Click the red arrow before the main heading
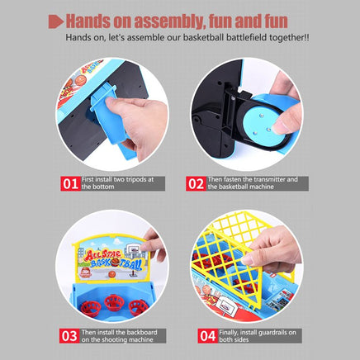pyautogui.click(x=56, y=21)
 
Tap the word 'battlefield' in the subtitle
pyautogui.click(x=246, y=37)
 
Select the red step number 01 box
pyautogui.click(x=70, y=183)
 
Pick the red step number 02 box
pyautogui.click(x=196, y=183)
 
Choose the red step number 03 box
pyautogui.click(x=69, y=336)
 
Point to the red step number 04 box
pyautogui.click(x=207, y=336)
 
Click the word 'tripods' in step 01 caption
pyautogui.click(x=136, y=180)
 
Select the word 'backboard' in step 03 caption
pyautogui.click(x=143, y=333)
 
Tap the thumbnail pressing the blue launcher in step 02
pyautogui.click(x=280, y=127)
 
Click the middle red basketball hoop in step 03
pyautogui.click(x=113, y=301)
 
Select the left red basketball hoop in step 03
pyautogui.click(x=91, y=308)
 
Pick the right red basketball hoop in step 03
pyautogui.click(x=139, y=306)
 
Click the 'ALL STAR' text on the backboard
pyautogui.click(x=102, y=255)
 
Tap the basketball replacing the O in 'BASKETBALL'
pyautogui.click(x=116, y=262)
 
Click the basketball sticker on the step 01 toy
pyautogui.click(x=81, y=80)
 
